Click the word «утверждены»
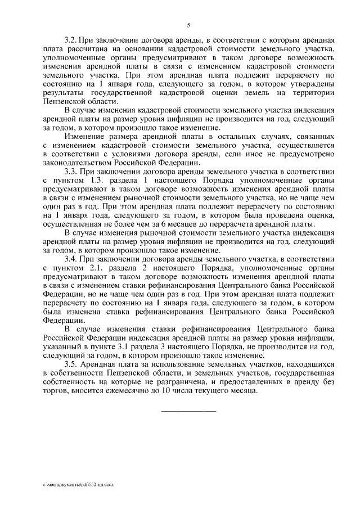309,84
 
